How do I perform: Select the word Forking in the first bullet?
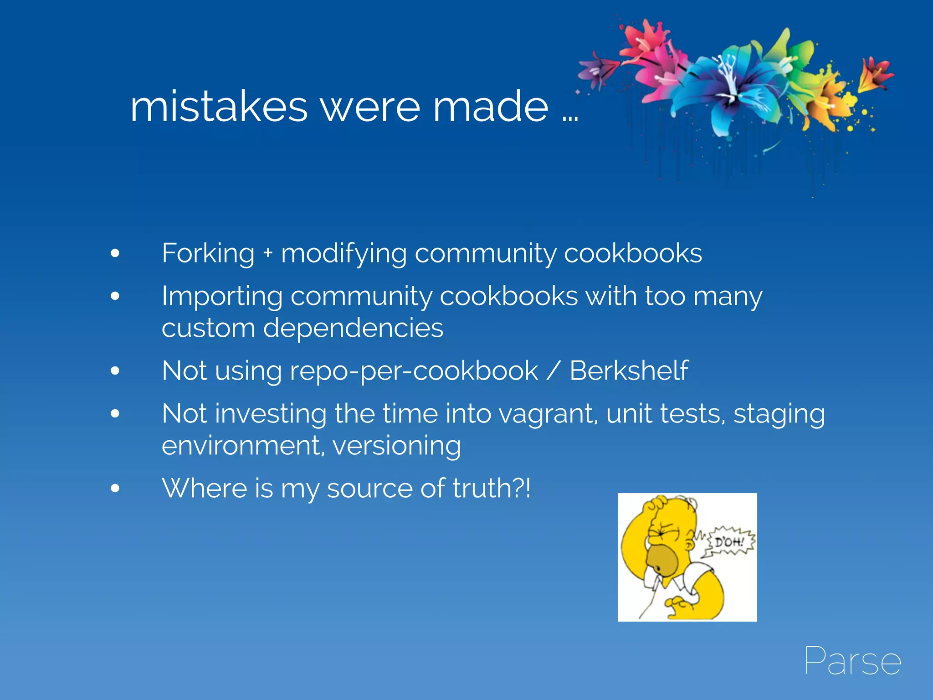click(208, 253)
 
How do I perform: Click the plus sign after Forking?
click(268, 253)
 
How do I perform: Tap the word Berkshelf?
click(629, 371)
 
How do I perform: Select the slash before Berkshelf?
click(553, 371)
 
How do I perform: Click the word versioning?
click(396, 446)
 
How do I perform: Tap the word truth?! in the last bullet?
click(491, 488)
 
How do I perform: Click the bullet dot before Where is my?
click(115, 489)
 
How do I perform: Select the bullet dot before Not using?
click(115, 371)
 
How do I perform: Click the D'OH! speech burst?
click(729, 542)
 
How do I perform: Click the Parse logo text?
click(852, 661)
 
